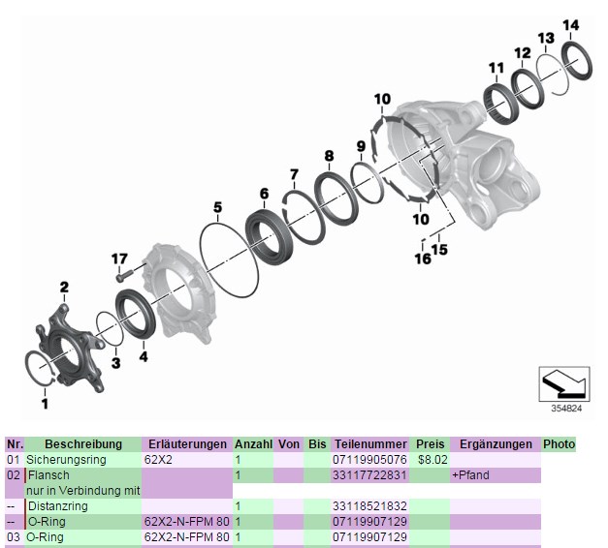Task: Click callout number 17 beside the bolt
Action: [x=119, y=259]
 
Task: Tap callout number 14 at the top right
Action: [x=571, y=24]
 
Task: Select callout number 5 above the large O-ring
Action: [x=218, y=207]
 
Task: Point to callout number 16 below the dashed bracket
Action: [x=423, y=259]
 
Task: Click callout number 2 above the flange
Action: [x=64, y=287]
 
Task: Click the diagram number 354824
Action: [x=566, y=409]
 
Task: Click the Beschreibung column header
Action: [x=81, y=444]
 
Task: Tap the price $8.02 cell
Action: [x=431, y=460]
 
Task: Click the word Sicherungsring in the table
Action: [x=65, y=460]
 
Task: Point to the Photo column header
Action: [x=559, y=444]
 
